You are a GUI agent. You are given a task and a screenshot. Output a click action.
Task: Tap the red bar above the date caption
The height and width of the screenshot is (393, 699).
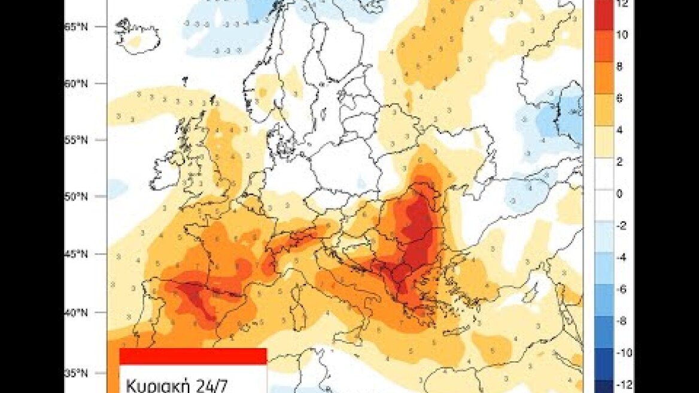point(193,356)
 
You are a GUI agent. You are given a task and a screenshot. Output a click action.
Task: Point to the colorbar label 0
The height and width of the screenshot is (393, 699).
point(619,194)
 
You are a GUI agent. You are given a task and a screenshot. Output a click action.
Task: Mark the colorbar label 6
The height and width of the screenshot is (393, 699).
point(619,98)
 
